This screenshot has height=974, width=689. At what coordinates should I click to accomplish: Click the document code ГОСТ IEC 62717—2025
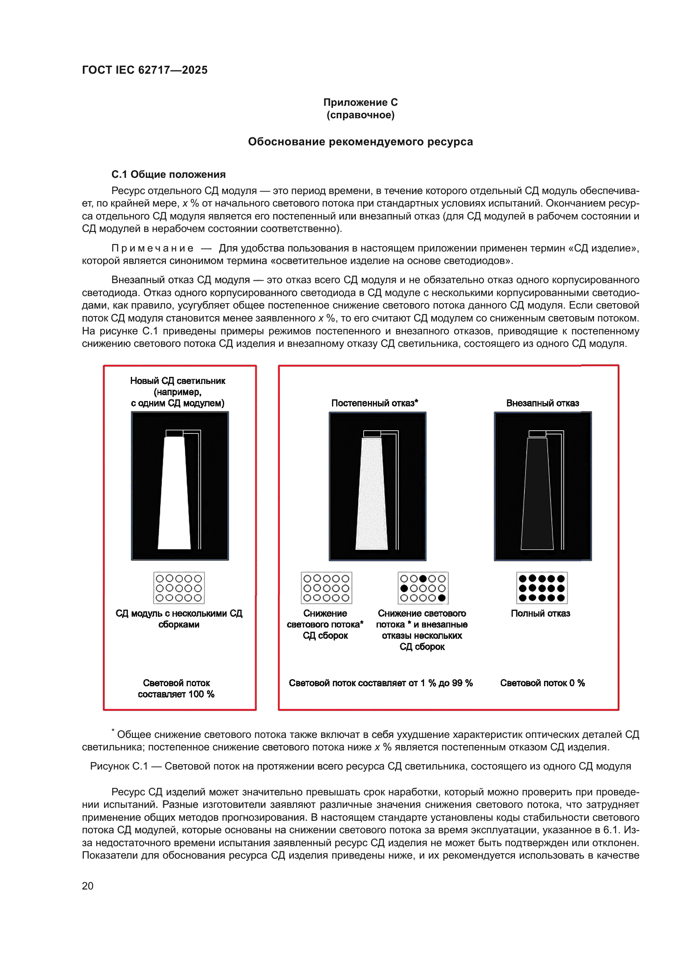(x=145, y=70)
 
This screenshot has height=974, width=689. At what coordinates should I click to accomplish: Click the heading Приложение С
(x=360, y=102)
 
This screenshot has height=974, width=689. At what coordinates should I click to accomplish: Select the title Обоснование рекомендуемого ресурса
(x=360, y=142)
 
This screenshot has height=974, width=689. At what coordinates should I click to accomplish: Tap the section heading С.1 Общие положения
(x=168, y=174)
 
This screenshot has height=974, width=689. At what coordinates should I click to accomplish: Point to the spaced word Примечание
(x=152, y=248)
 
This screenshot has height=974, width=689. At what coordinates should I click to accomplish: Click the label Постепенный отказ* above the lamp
(x=374, y=403)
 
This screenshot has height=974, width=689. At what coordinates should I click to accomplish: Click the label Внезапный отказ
(x=542, y=403)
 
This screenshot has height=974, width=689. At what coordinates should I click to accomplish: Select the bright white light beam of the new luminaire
(x=174, y=492)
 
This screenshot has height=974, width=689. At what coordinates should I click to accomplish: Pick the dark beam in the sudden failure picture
(x=537, y=494)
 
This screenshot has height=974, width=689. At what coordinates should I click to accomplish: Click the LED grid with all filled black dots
(x=542, y=588)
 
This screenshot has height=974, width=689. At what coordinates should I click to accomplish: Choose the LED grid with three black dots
(x=423, y=588)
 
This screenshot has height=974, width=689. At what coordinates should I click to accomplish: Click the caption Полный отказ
(x=540, y=613)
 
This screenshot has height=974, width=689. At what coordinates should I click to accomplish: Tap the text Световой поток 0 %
(x=542, y=683)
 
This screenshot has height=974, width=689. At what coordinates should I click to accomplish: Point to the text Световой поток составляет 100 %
(x=176, y=688)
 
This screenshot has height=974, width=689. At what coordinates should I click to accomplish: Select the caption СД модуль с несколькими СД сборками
(x=179, y=619)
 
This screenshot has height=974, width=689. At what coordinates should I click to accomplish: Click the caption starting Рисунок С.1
(x=360, y=766)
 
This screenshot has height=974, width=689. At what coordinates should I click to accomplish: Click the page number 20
(x=88, y=886)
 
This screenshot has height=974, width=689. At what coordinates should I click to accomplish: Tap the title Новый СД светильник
(x=177, y=381)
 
